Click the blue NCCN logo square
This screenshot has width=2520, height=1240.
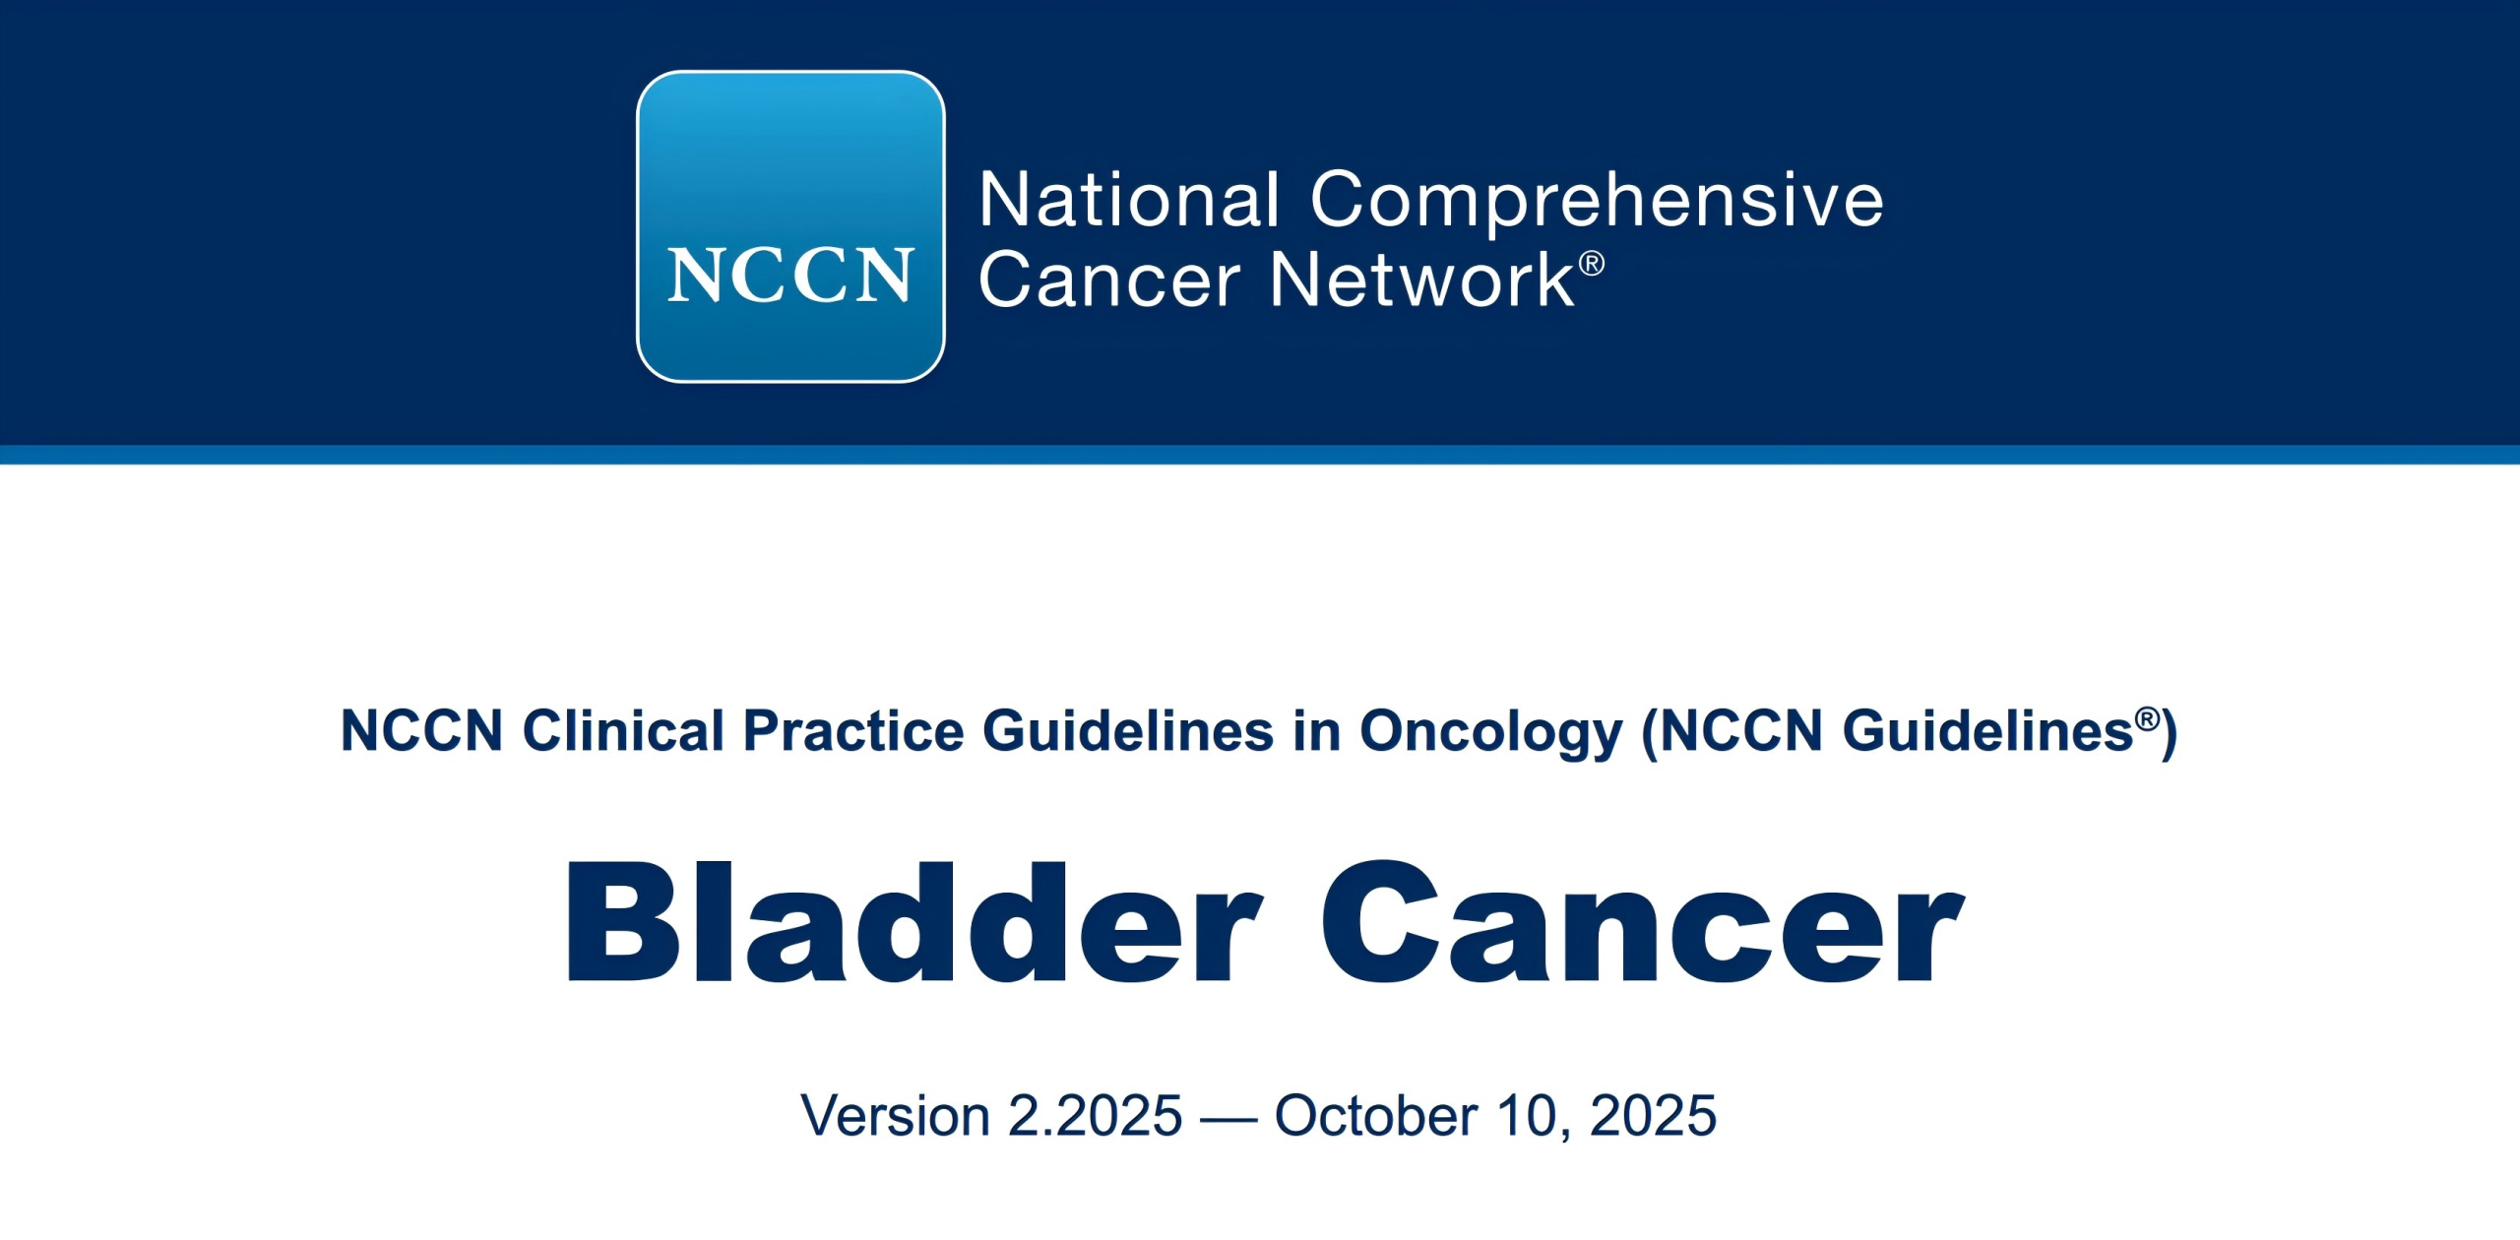click(790, 226)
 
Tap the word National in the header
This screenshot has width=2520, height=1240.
click(1130, 200)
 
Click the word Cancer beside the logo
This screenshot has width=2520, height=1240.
click(1109, 280)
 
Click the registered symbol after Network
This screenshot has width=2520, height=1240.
click(1592, 264)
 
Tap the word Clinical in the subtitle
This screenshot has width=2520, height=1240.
click(623, 731)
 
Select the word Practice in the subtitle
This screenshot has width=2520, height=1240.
click(853, 731)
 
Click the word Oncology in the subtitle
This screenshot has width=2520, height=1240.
click(1490, 734)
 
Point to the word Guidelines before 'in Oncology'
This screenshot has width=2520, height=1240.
click(1128, 731)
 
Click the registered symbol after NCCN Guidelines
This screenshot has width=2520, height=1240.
click(2147, 719)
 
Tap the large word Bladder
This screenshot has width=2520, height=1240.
click(913, 921)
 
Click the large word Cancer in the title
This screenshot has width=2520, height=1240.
click(1642, 922)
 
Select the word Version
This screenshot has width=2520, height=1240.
click(895, 1116)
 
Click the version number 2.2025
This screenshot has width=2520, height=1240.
click(1096, 1116)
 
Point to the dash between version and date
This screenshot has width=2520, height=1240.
click(1228, 1121)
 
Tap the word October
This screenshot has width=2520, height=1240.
click(1375, 1116)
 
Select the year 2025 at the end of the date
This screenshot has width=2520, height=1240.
click(1653, 1116)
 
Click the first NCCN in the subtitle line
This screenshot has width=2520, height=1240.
click(421, 731)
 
